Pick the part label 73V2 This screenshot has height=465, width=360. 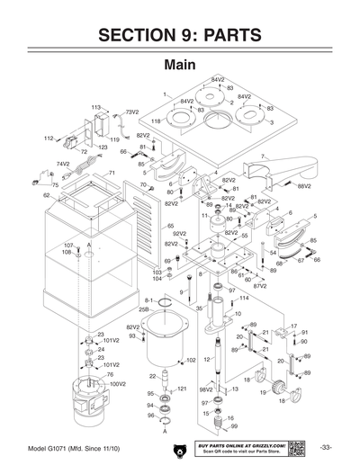pyautogui.click(x=130, y=112)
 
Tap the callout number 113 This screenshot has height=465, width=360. pyautogui.click(x=95, y=107)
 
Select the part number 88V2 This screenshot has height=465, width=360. pyautogui.click(x=303, y=185)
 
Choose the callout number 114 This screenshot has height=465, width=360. pyautogui.click(x=243, y=298)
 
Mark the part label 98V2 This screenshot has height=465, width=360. pyautogui.click(x=205, y=390)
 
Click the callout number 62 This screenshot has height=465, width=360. pyautogui.click(x=46, y=194)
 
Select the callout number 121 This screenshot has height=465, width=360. pyautogui.click(x=181, y=389)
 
